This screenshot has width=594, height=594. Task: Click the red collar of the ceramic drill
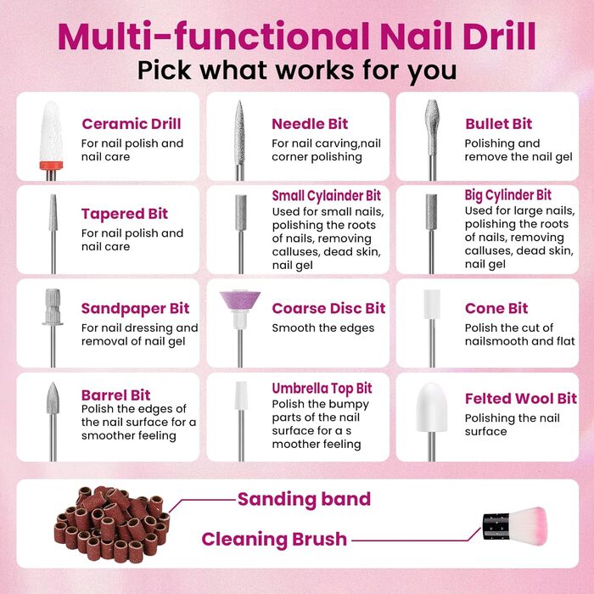(x=51, y=165)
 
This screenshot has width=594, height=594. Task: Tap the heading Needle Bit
(x=310, y=124)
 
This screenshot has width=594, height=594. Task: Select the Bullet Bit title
(x=499, y=124)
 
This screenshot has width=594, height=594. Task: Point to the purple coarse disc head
(x=240, y=300)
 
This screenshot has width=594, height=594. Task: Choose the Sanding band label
(x=304, y=499)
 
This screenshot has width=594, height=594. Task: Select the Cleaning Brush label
(x=274, y=539)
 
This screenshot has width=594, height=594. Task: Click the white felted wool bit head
(x=431, y=407)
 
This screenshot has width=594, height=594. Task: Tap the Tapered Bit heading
(x=124, y=214)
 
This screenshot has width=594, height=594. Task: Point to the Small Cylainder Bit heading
(x=326, y=196)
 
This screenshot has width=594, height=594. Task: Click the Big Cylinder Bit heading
(x=508, y=195)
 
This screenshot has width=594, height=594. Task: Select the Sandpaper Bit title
(x=135, y=308)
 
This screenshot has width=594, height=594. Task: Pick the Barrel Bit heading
(x=116, y=395)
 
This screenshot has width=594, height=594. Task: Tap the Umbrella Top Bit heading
(x=322, y=389)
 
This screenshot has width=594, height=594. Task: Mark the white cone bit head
(x=432, y=304)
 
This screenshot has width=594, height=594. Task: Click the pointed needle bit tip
(x=239, y=103)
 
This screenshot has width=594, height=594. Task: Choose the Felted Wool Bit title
(x=521, y=399)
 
